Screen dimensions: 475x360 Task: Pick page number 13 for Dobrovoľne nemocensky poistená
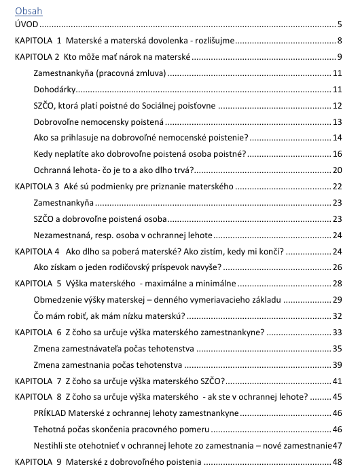point(336,121)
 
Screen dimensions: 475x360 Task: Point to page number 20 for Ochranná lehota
point(336,170)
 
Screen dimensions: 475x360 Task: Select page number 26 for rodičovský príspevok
point(336,267)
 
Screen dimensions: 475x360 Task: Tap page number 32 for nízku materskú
point(336,316)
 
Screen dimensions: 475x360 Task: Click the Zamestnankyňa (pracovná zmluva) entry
point(99,73)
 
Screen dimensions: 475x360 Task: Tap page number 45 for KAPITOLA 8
point(336,396)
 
